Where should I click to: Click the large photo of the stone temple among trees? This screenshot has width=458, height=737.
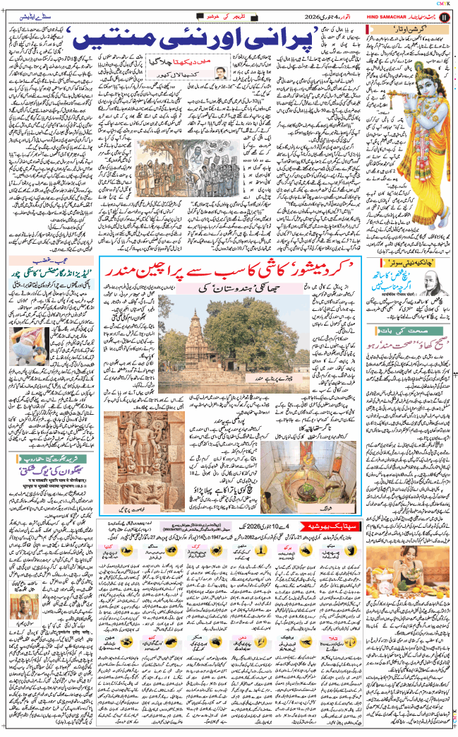(215, 330)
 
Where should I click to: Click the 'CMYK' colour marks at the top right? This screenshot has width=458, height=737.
(445, 3)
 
